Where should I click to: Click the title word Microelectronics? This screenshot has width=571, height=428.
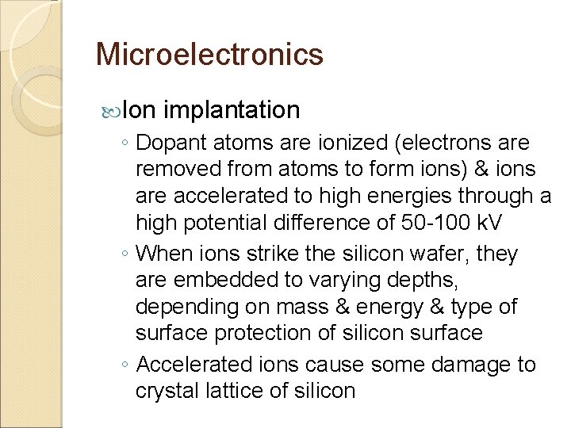click(x=209, y=55)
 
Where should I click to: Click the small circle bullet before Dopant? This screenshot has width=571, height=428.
click(x=126, y=144)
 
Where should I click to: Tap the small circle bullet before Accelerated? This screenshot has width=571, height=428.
click(x=126, y=366)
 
